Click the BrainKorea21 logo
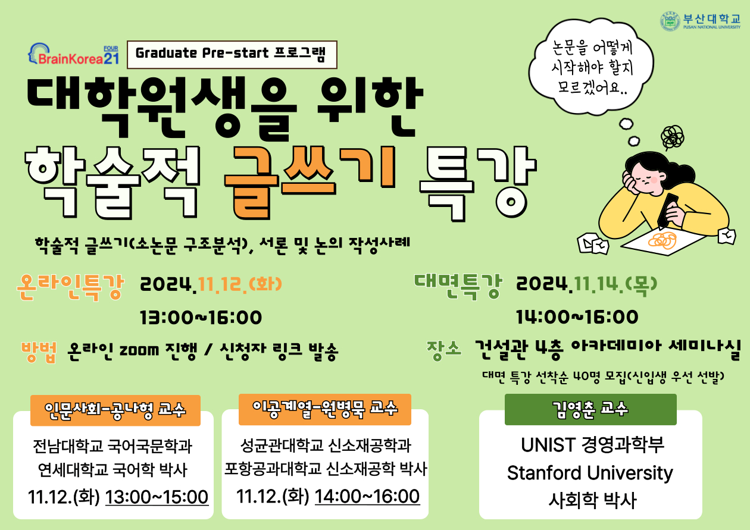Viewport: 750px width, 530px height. [74, 54]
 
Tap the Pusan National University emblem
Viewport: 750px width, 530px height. [670, 21]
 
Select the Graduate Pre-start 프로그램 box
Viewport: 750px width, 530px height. [232, 55]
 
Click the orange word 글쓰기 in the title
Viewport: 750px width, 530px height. [310, 183]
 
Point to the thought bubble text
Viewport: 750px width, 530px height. [592, 68]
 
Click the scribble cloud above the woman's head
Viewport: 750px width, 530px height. [673, 137]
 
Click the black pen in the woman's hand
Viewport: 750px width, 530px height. [667, 211]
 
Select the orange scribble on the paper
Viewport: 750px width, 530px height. [662, 240]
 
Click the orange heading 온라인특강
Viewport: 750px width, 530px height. [70, 287]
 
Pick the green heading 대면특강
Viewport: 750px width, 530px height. [458, 286]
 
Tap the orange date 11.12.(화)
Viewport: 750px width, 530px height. [240, 285]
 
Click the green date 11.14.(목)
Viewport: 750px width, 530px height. [615, 285]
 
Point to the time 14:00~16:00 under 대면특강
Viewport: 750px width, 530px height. [577, 317]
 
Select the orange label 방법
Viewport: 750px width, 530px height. [39, 352]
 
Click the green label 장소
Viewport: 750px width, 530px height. [444, 350]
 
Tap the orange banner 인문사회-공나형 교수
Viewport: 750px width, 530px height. [115, 410]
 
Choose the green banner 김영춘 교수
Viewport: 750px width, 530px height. [590, 409]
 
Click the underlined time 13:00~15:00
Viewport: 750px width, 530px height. [157, 497]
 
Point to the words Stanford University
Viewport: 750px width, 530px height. [590, 473]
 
